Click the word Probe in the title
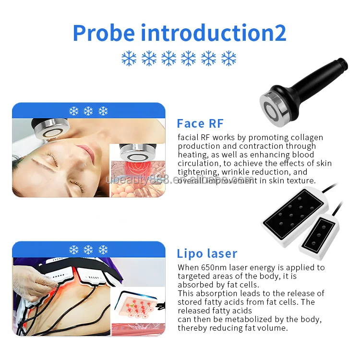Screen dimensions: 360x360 pyautogui.click(x=103, y=32)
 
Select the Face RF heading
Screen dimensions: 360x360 pyautogui.click(x=200, y=123)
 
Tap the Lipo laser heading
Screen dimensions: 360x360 pyautogui.click(x=207, y=253)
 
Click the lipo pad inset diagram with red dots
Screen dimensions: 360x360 pyautogui.click(x=139, y=308)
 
